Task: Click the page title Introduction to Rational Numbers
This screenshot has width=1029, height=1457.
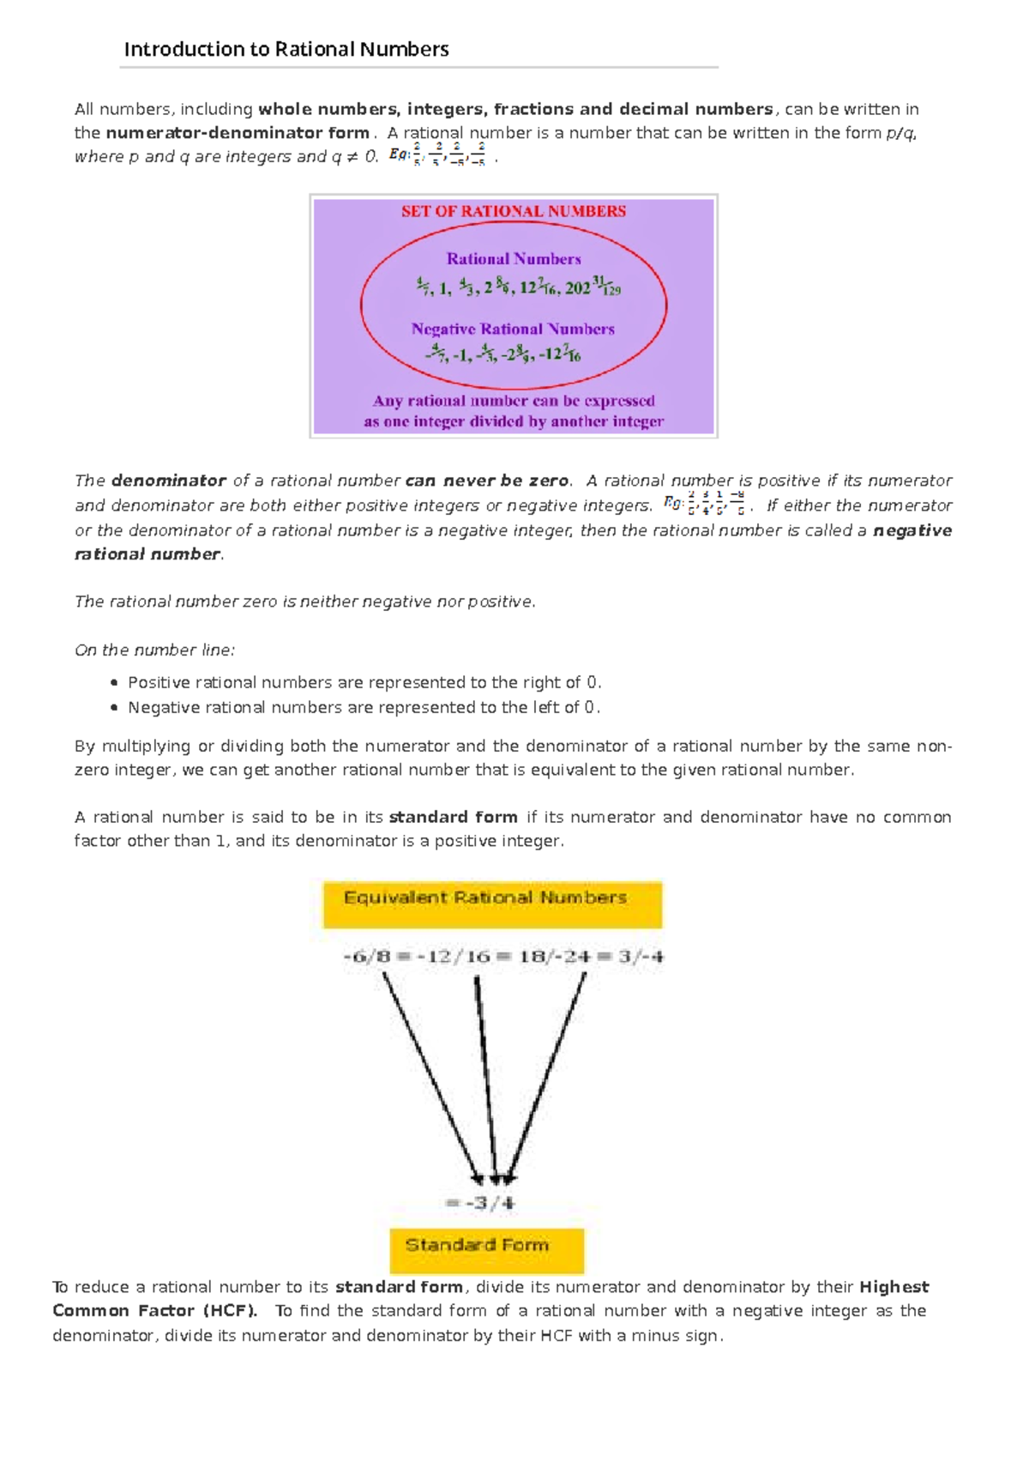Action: [x=286, y=49]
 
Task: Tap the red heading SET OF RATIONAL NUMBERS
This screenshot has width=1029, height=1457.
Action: [x=514, y=211]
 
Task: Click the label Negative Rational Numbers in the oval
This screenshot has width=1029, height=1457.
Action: [x=513, y=329]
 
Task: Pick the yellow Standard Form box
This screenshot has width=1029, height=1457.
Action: [x=486, y=1249]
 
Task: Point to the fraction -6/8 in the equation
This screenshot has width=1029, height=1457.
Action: [x=366, y=956]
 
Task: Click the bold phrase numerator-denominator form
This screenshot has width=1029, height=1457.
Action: [x=238, y=133]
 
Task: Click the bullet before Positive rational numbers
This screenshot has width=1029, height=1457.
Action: [x=114, y=683]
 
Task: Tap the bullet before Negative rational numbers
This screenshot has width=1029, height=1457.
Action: [x=114, y=708]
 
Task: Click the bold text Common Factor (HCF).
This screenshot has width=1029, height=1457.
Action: [x=154, y=1310]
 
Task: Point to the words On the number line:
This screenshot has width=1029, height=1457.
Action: [x=154, y=650]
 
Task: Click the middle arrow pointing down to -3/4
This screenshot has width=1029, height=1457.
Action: [x=486, y=1081]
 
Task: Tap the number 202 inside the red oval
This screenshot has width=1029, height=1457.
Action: [x=577, y=288]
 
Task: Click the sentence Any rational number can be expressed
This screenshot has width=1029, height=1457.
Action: [x=514, y=401]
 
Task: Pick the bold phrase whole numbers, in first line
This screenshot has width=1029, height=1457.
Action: [x=328, y=109]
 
